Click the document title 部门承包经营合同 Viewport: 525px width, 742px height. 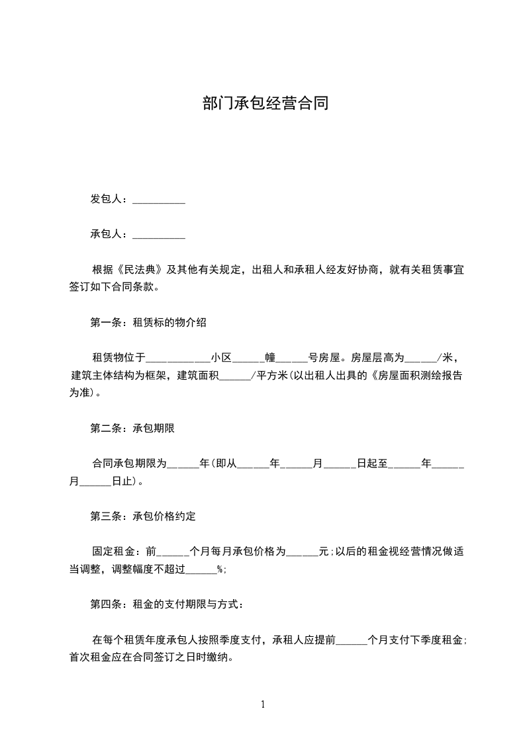(x=265, y=104)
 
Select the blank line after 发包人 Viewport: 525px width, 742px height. (x=159, y=200)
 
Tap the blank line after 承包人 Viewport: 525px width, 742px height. (x=159, y=235)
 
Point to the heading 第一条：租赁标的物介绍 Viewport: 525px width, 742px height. (x=148, y=323)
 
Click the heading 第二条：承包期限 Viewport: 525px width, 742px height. (x=132, y=429)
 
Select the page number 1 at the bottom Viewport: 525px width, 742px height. (x=263, y=704)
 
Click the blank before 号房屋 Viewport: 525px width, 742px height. (x=292, y=358)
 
